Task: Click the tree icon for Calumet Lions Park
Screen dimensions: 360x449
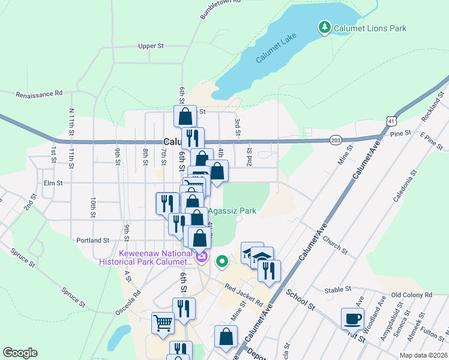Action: point(324,28)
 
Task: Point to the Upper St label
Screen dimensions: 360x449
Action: point(151,46)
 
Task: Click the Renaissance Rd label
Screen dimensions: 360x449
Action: point(39,94)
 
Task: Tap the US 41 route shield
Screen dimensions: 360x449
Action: point(391,121)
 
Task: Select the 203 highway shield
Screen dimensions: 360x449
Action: point(336,140)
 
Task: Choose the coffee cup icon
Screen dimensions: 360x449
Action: point(352,318)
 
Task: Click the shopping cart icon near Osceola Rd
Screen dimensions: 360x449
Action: point(163,323)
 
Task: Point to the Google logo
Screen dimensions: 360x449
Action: point(20,353)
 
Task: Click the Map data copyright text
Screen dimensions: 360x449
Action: point(423,355)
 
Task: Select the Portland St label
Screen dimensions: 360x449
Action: point(92,240)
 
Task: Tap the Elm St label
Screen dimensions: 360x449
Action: point(53,184)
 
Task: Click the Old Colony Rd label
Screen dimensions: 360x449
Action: point(411,295)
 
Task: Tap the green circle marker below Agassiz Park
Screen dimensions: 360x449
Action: point(222,261)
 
